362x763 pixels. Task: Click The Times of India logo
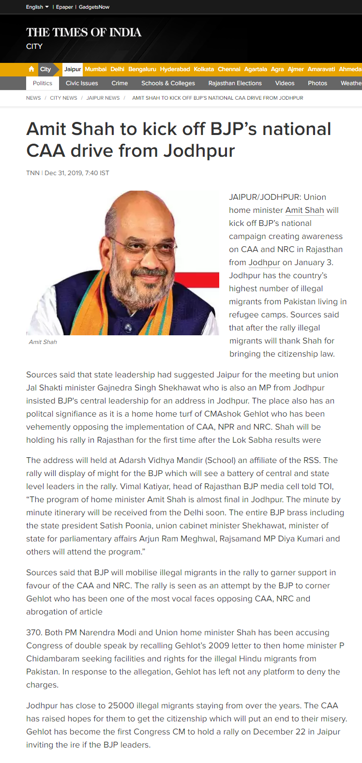pos(84,32)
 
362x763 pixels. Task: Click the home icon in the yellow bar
pos(31,69)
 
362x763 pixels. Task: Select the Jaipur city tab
pos(73,69)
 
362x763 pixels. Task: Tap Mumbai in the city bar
pos(95,69)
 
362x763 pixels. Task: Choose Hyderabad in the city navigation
pos(175,69)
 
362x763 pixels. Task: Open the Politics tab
pos(43,83)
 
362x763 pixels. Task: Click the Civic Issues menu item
pos(82,83)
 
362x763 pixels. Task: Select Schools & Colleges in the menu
pos(168,83)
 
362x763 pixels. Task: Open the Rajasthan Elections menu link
pos(235,83)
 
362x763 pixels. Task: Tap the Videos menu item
pos(285,83)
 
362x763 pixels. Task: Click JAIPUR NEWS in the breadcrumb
pos(103,98)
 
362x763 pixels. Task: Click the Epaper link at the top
pos(64,7)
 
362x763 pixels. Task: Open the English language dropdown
pos(37,7)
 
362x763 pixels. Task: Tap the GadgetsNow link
pos(94,7)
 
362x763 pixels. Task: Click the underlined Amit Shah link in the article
pos(304,210)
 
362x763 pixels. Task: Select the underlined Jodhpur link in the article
pos(264,263)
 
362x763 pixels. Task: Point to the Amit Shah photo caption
pos(43,342)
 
